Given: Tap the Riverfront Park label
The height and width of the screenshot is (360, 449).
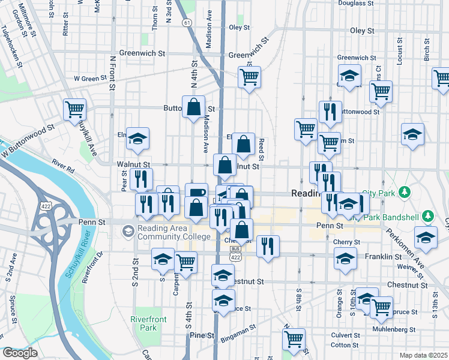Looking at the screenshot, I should click(x=145, y=323).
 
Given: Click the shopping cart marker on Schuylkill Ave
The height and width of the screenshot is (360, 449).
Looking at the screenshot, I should click(x=76, y=110).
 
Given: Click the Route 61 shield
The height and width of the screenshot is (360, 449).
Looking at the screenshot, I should click(x=188, y=23).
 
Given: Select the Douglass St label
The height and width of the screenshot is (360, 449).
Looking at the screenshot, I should click(x=355, y=3).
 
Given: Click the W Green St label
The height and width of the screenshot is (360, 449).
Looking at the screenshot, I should click(x=90, y=78).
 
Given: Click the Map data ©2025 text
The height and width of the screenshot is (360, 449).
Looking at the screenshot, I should click(x=423, y=355).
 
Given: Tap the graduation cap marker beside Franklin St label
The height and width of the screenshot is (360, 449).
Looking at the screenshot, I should click(x=345, y=259).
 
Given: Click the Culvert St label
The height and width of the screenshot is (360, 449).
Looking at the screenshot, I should click(x=344, y=335).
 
